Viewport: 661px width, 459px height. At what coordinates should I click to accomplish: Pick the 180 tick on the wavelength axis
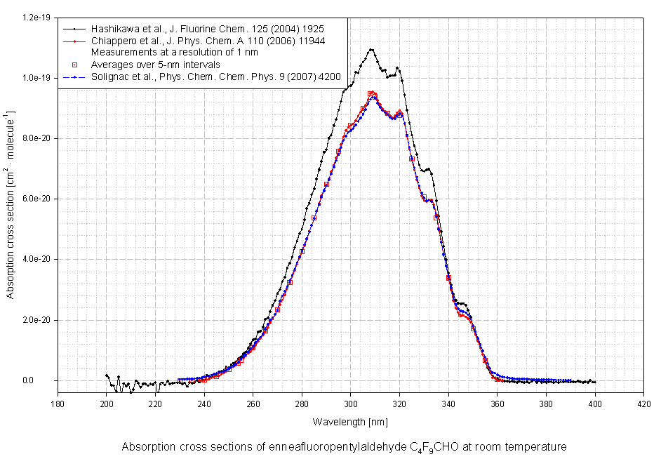(58, 403)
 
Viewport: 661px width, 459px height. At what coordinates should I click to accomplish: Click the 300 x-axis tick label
(351, 403)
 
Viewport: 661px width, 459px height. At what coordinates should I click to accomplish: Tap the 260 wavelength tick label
(253, 403)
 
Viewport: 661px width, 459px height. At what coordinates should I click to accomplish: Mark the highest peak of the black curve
(370, 49)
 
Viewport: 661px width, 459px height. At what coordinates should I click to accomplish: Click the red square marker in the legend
(74, 65)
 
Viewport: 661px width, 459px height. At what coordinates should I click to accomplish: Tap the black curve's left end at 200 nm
(107, 375)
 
